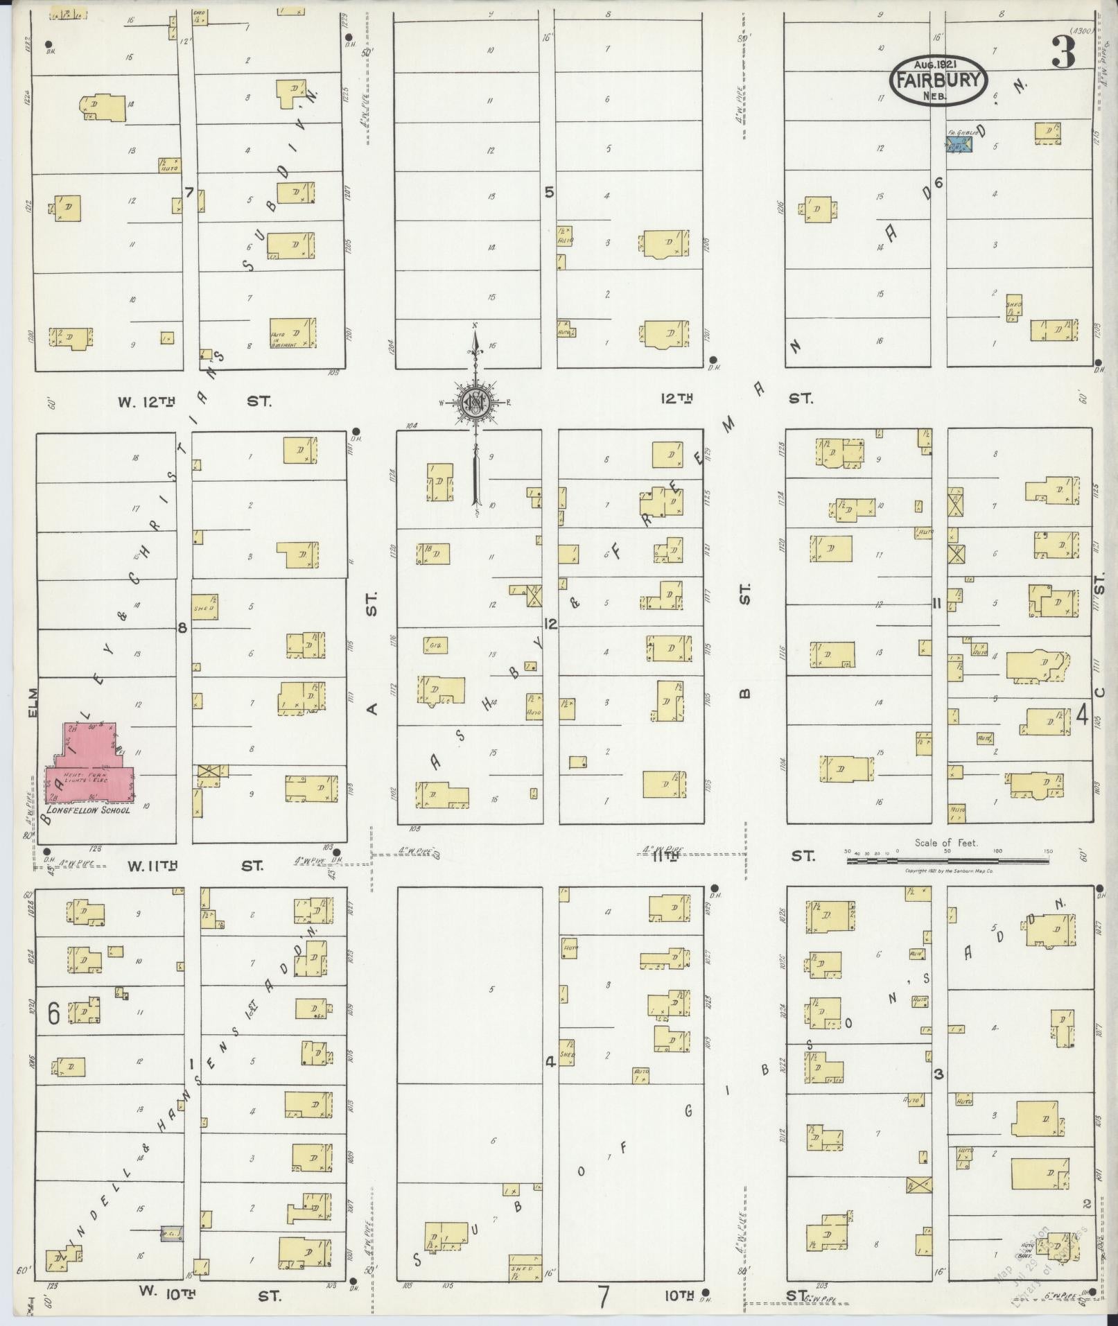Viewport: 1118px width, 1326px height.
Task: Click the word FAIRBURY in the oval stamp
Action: point(938,79)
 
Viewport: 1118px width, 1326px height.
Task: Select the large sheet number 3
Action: point(1063,53)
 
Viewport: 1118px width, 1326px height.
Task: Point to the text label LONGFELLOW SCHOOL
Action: point(88,809)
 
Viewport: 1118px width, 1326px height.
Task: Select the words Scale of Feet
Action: point(946,843)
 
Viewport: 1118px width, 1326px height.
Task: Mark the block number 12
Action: point(550,625)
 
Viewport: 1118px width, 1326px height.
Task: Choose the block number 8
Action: point(182,628)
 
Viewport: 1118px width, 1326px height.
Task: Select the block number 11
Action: point(936,603)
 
